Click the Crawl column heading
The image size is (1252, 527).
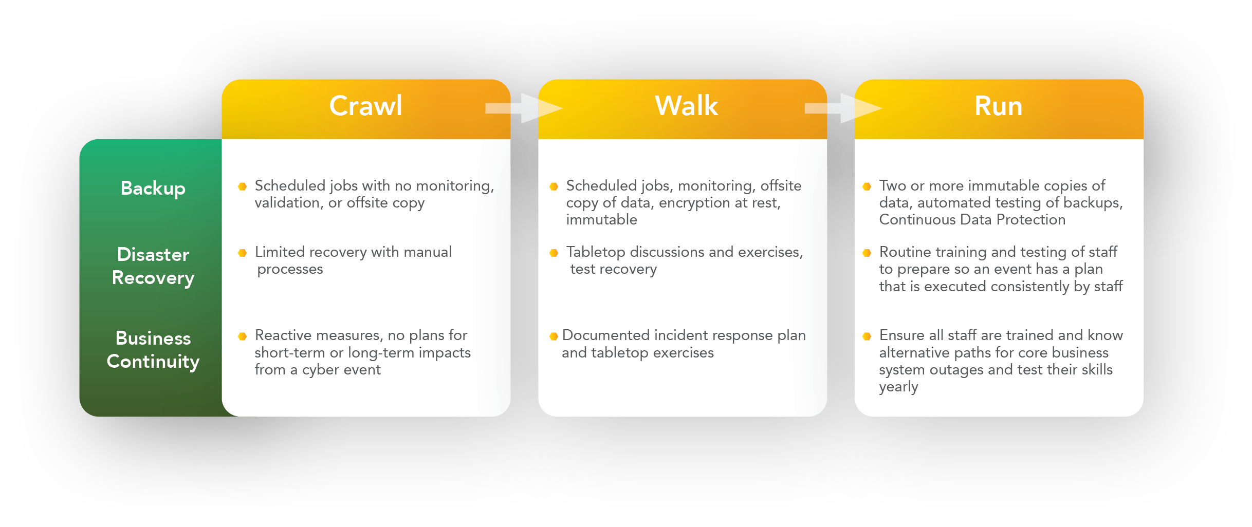pos(365,106)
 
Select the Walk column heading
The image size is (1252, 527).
pos(686,106)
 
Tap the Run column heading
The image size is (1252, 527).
pos(998,106)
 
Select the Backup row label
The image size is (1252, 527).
pos(153,189)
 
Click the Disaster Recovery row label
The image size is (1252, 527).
pos(153,266)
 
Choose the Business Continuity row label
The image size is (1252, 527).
pos(153,350)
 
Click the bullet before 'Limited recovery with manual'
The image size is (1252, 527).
pos(243,253)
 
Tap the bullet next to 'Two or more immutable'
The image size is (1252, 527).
pos(867,186)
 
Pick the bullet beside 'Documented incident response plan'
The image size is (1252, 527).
pos(554,336)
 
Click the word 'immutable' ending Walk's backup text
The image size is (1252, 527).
pos(601,220)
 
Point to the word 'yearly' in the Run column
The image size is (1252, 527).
pos(898,387)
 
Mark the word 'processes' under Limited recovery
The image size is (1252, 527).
pos(290,270)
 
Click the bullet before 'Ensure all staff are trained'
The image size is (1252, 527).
pos(867,336)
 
